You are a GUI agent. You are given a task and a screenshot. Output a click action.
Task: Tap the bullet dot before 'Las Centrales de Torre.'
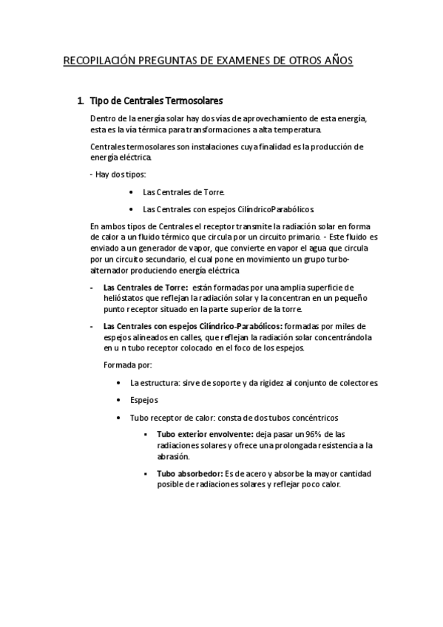point(130,192)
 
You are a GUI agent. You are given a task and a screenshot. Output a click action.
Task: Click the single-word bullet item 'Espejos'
point(144,400)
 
